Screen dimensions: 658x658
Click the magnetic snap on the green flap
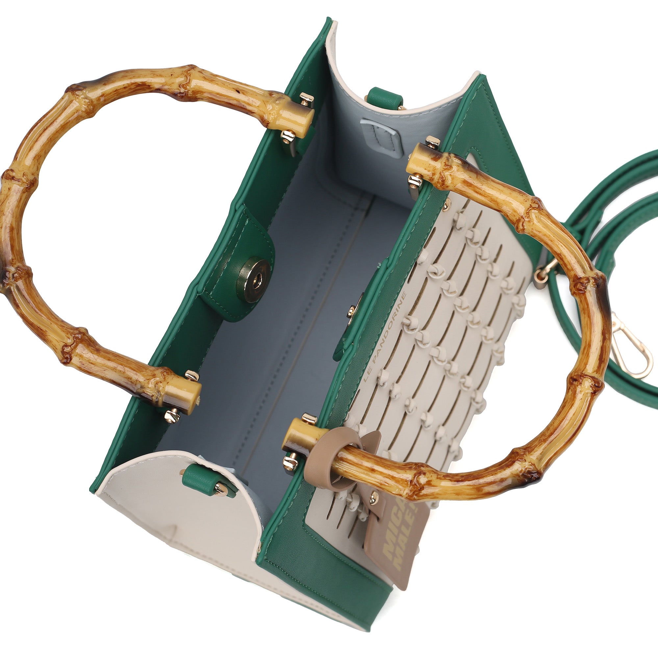(x=254, y=280)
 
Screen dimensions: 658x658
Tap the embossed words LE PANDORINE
(x=385, y=337)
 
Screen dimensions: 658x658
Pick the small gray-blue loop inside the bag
(x=381, y=135)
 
